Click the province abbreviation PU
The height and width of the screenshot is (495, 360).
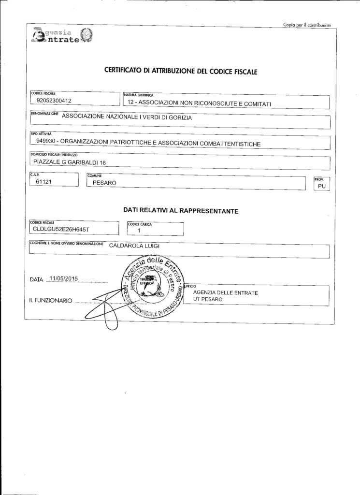point(321,186)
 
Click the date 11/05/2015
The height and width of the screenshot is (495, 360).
point(64,278)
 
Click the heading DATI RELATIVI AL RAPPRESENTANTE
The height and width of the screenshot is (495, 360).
point(180,211)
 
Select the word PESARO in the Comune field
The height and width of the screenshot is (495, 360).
point(104,183)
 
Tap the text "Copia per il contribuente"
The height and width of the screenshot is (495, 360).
point(306,25)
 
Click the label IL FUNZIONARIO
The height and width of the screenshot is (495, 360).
point(51,301)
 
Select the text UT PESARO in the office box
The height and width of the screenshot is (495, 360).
point(208,300)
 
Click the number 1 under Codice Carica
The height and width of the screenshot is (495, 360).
point(139,231)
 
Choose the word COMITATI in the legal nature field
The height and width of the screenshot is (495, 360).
point(257,103)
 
